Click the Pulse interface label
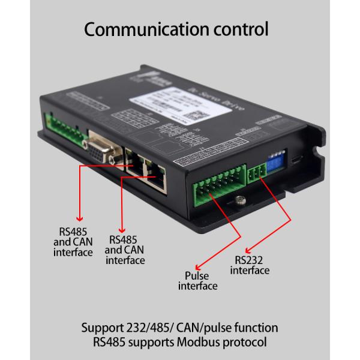pyautogui.click(x=197, y=281)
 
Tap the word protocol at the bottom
pyautogui.click(x=254, y=343)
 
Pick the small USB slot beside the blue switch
pyautogui.click(x=296, y=159)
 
